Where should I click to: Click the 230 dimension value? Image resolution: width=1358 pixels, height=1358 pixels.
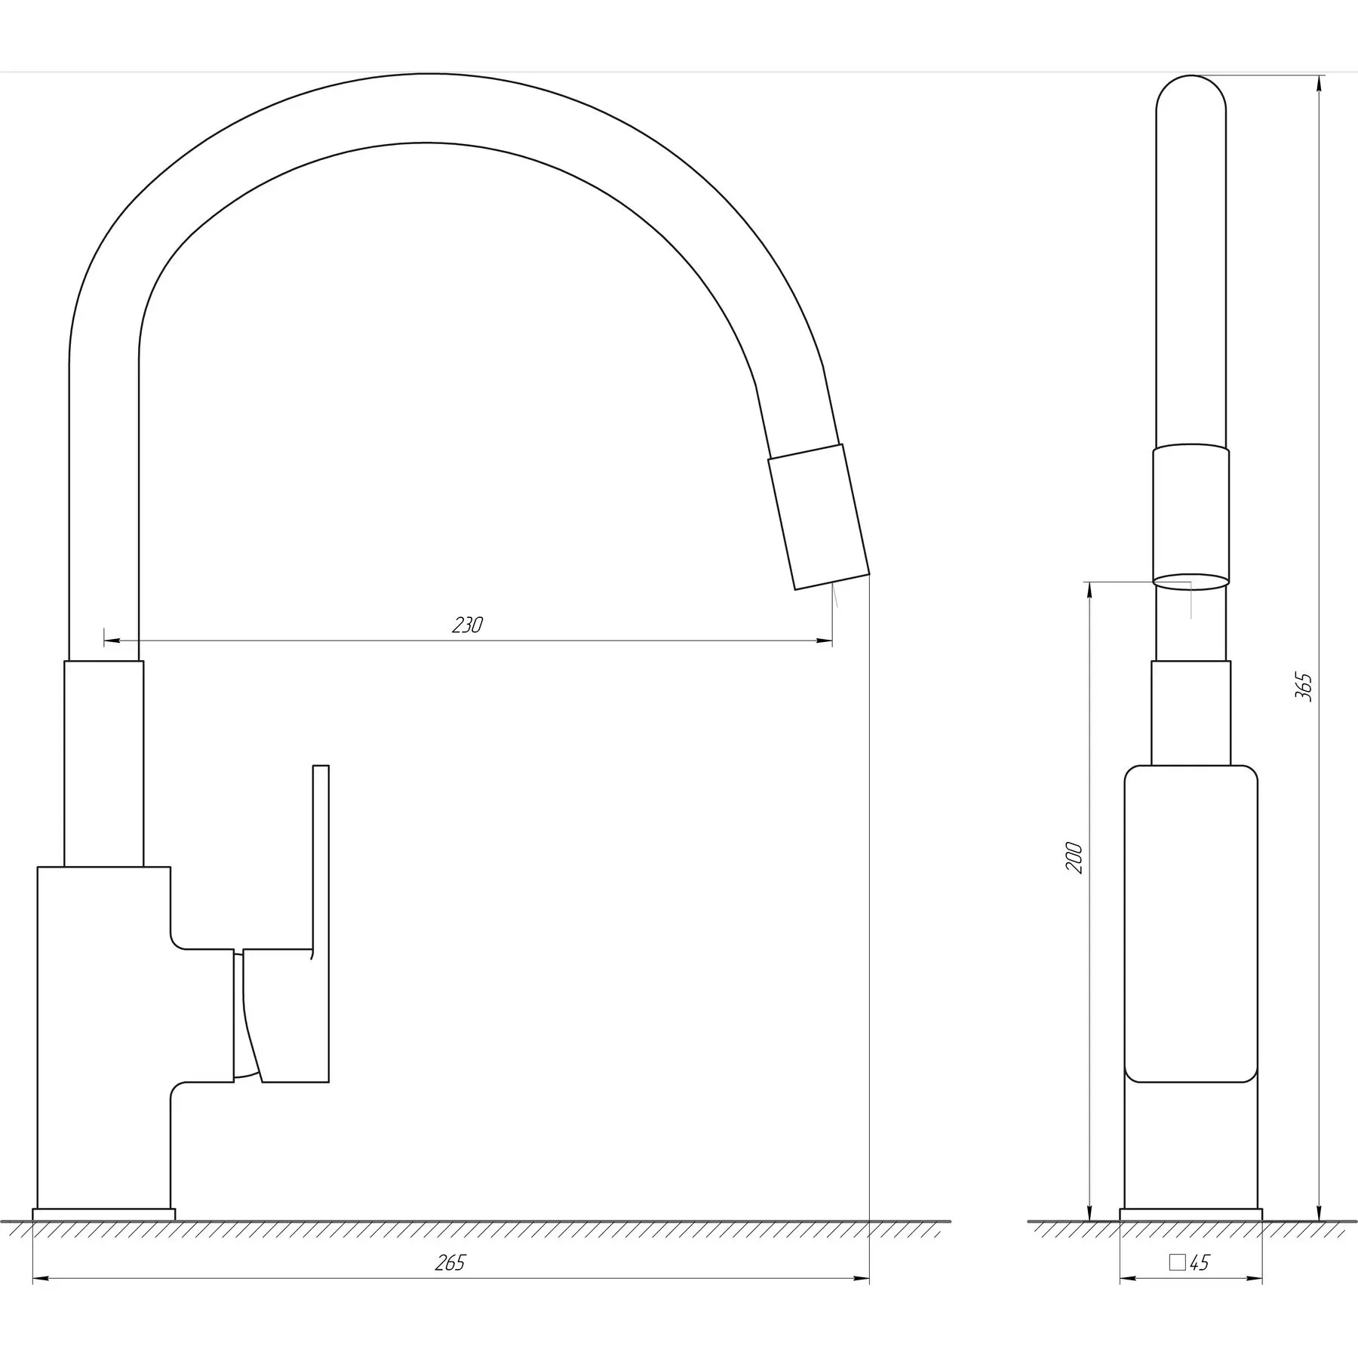point(468,625)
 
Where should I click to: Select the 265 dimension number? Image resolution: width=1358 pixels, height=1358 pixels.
point(450,1263)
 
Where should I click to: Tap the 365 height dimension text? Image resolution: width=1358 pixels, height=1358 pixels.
point(1304,687)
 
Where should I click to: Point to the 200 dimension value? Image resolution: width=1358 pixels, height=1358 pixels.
point(1074,858)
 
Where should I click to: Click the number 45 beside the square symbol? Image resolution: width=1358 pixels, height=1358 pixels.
point(1199,1263)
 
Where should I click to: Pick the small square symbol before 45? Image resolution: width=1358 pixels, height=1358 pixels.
point(1177,1263)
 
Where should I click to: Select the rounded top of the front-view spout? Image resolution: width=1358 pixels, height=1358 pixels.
point(1191,94)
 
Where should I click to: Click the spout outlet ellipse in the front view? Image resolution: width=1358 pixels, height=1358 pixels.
point(1191,581)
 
